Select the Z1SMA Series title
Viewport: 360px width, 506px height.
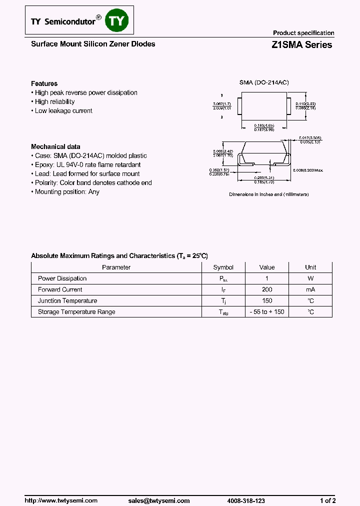tap(301, 44)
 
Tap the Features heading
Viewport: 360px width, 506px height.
tap(44, 83)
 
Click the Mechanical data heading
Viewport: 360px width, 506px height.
tap(55, 146)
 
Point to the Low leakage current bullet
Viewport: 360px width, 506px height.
tap(63, 110)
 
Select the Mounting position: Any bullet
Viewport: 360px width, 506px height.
tap(66, 191)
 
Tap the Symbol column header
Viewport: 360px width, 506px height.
tap(223, 267)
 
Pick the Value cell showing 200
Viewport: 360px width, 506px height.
tap(267, 289)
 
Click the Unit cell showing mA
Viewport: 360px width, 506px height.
tap(310, 289)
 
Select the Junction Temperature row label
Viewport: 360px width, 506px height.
tap(67, 300)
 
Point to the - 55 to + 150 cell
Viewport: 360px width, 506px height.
tap(267, 311)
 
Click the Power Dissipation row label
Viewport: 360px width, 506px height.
tap(62, 278)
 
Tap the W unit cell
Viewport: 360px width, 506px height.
tap(310, 278)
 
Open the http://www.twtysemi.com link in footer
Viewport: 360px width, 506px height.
tap(61, 500)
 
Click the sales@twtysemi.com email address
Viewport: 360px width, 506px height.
tap(159, 500)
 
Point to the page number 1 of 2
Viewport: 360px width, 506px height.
tap(327, 500)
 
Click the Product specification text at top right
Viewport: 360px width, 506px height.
tap(303, 33)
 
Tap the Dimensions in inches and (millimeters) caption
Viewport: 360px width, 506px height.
tap(268, 194)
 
